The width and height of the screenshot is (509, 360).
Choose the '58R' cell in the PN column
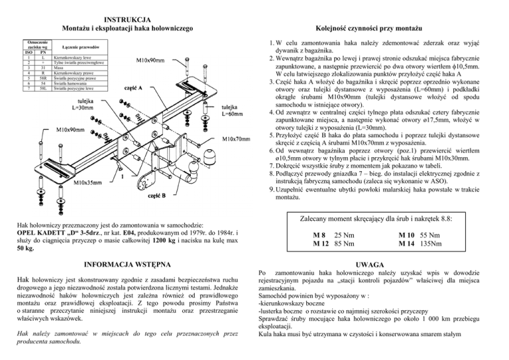pos(42,78)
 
